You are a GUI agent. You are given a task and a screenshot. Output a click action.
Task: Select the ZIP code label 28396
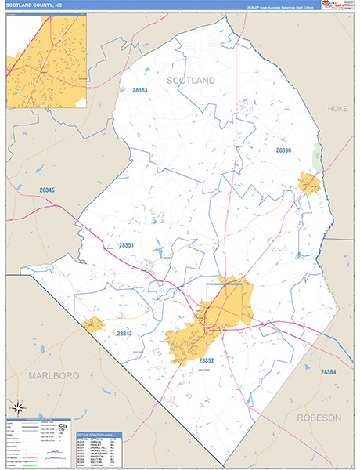coord(283,150)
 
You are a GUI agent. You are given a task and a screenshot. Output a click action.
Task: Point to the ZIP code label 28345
coord(47,190)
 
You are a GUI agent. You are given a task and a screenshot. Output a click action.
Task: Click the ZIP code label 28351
coord(127,246)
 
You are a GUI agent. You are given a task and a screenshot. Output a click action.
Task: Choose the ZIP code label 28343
coord(124,334)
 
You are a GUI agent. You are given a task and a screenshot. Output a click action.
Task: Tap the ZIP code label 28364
coord(327,372)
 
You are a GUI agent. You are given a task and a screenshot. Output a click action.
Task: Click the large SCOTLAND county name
coord(189,81)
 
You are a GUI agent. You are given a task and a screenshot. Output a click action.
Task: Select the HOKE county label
coord(337,108)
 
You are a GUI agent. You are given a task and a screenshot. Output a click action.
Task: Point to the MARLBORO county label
coord(55,376)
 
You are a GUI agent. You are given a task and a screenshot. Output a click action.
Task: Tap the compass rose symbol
coord(19,407)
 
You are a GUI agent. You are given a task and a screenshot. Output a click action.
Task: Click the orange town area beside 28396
coord(309,183)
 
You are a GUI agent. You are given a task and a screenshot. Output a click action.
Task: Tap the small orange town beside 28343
coord(93,325)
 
